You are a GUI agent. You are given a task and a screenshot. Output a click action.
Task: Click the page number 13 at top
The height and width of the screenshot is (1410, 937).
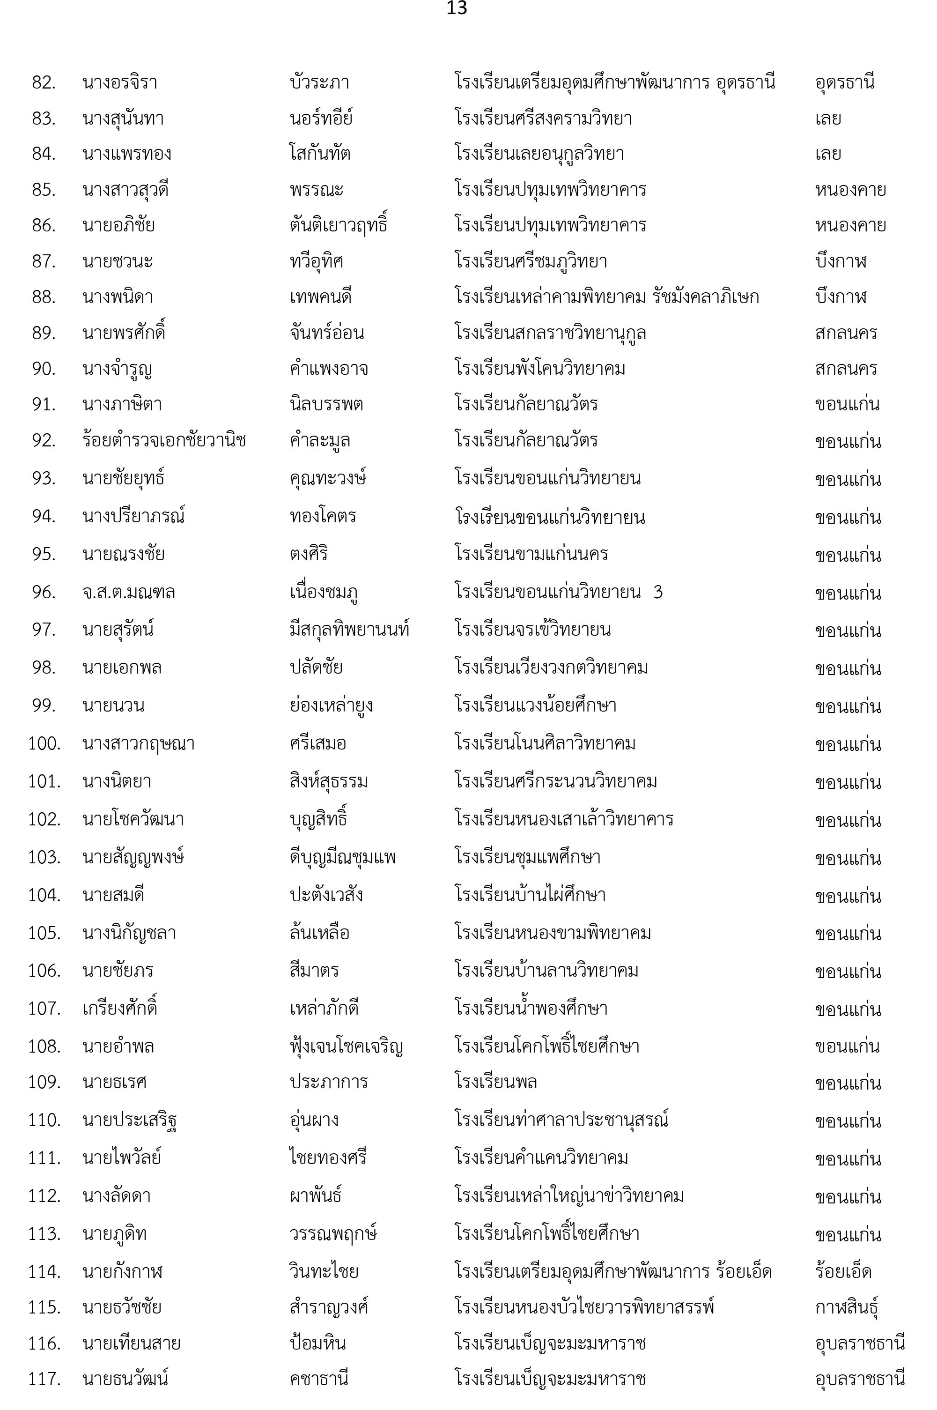click(x=457, y=8)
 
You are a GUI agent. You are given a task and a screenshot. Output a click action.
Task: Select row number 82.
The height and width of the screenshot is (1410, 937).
click(x=44, y=82)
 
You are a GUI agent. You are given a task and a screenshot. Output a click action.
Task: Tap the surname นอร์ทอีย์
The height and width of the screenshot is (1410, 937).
click(x=321, y=119)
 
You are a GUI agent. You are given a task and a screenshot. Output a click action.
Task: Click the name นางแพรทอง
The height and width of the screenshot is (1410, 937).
click(x=127, y=154)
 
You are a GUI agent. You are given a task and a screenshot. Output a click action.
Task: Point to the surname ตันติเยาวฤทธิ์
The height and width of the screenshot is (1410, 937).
click(x=338, y=225)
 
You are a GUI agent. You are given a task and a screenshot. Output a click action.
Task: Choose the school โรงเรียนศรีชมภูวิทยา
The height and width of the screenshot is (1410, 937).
click(x=531, y=261)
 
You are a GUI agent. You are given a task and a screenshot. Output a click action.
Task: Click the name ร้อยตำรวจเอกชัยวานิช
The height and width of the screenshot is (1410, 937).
click(x=164, y=440)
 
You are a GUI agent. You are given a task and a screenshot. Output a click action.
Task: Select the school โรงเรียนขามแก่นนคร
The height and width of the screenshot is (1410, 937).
click(x=531, y=554)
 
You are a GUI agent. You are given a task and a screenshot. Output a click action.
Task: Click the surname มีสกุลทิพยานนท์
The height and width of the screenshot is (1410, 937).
click(x=350, y=630)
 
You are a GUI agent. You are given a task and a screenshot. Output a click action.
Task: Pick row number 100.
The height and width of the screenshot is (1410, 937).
click(x=44, y=743)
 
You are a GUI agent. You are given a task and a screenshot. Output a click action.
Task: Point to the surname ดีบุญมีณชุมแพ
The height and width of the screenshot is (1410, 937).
click(x=342, y=857)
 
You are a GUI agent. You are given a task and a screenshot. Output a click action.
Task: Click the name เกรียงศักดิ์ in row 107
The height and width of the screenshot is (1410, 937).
click(x=119, y=1009)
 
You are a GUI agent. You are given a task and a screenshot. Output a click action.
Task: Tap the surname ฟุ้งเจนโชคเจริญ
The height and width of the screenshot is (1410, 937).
click(x=346, y=1046)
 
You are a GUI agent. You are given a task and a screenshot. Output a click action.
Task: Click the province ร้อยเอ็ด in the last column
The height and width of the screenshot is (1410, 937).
click(x=842, y=1271)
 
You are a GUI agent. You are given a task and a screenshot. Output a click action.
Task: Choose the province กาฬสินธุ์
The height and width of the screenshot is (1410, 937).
click(x=846, y=1307)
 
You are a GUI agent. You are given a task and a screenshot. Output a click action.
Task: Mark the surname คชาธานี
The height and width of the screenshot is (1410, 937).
click(x=319, y=1379)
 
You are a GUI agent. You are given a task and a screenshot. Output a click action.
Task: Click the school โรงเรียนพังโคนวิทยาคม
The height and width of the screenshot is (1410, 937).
click(x=539, y=369)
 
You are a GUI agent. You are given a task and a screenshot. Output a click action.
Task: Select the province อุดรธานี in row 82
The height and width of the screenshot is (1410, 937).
click(x=844, y=82)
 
